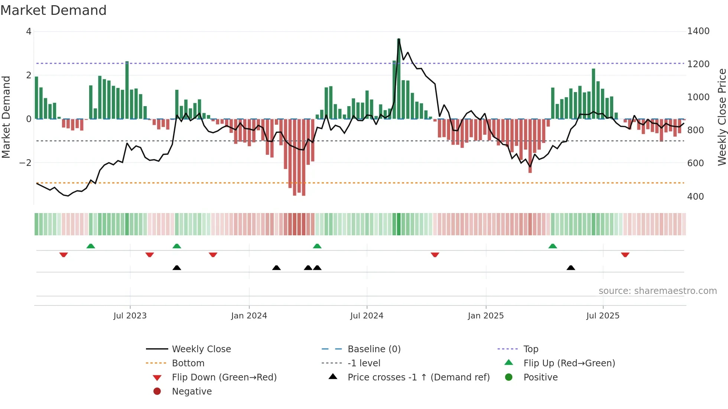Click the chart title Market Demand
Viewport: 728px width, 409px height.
(x=53, y=10)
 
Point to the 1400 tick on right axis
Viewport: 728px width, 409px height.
(x=698, y=31)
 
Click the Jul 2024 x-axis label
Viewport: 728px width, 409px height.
(x=367, y=316)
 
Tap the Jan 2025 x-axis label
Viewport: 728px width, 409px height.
(x=485, y=316)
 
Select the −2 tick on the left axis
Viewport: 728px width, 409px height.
(x=25, y=163)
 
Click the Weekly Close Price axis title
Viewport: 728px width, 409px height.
(x=722, y=117)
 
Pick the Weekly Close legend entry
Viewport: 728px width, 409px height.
(x=201, y=349)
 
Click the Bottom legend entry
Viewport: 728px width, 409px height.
(x=188, y=363)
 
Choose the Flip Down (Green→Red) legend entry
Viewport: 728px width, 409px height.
(x=224, y=377)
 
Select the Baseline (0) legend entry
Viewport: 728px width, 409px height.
(x=374, y=349)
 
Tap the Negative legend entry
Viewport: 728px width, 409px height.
(x=192, y=392)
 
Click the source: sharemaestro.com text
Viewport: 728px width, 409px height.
(x=657, y=291)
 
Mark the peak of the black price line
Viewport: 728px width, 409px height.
(x=399, y=39)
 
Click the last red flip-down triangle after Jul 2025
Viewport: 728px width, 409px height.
(x=625, y=255)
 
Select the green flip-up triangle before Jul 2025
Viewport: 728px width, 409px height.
(x=553, y=246)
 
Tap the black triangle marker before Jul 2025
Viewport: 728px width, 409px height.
(x=571, y=268)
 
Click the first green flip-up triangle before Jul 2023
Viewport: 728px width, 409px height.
(x=91, y=246)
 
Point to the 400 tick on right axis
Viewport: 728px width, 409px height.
(x=695, y=197)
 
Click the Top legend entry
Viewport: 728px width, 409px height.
(x=530, y=349)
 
